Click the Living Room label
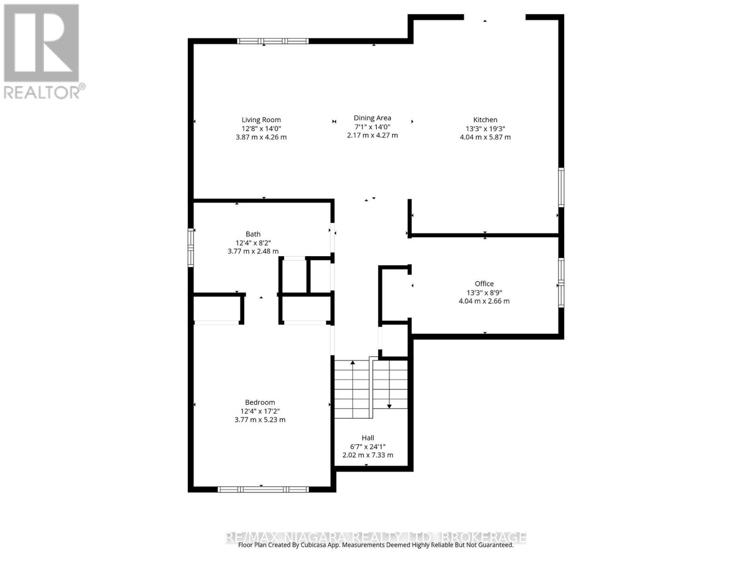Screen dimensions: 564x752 coord(261,120)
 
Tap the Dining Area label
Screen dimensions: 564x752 coord(372,118)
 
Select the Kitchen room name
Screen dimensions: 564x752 coord(485,120)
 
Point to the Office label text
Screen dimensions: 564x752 coord(484,283)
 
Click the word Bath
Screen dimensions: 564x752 coord(253,234)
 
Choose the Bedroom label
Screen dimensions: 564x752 coord(260,402)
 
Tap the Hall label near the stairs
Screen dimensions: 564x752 coord(368,438)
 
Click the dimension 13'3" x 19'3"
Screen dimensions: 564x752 coord(485,128)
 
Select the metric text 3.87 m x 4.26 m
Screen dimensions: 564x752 coord(261,137)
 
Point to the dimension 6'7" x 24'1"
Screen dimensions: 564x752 coord(368,446)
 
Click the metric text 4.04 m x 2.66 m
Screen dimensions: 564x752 coord(484,301)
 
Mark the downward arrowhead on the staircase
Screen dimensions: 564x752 coord(389,406)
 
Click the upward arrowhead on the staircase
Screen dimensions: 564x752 coord(352,362)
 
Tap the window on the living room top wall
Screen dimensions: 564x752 coord(273,41)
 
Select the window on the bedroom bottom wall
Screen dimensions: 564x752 coord(263,489)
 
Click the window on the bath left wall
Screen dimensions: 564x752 coord(191,247)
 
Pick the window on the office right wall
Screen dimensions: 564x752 coord(561,282)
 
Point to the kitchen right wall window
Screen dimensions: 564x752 coord(561,187)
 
